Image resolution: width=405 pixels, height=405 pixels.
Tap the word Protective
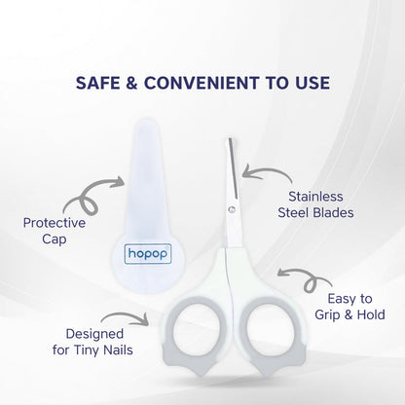[54, 222]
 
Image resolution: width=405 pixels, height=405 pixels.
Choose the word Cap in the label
[54, 239]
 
